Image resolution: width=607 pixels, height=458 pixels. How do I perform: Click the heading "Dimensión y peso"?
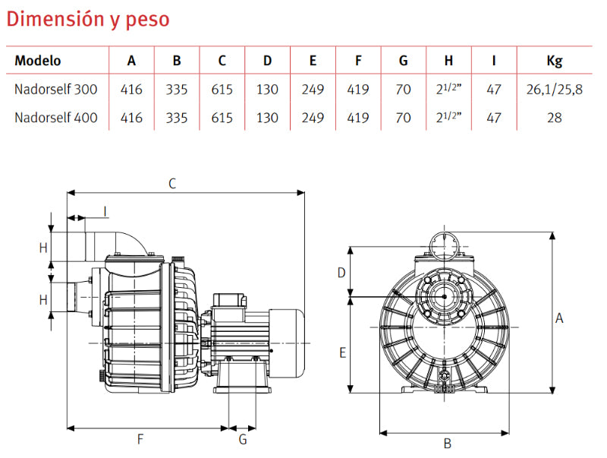tap(88, 20)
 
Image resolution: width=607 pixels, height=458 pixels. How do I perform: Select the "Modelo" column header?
tap(37, 61)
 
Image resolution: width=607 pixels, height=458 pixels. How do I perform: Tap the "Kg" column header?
tap(555, 62)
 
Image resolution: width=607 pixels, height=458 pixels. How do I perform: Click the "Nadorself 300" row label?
tap(55, 89)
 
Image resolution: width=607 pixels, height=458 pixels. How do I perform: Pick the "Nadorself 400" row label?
tap(55, 118)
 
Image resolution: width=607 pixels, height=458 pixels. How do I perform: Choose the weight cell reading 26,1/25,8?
tap(555, 90)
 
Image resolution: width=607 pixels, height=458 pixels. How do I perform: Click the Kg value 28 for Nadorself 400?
tap(555, 118)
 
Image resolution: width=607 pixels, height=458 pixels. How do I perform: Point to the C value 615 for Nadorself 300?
tap(222, 90)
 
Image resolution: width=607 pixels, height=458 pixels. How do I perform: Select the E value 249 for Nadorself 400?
tap(313, 118)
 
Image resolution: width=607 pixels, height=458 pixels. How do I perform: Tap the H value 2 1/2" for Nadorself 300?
tap(448, 89)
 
